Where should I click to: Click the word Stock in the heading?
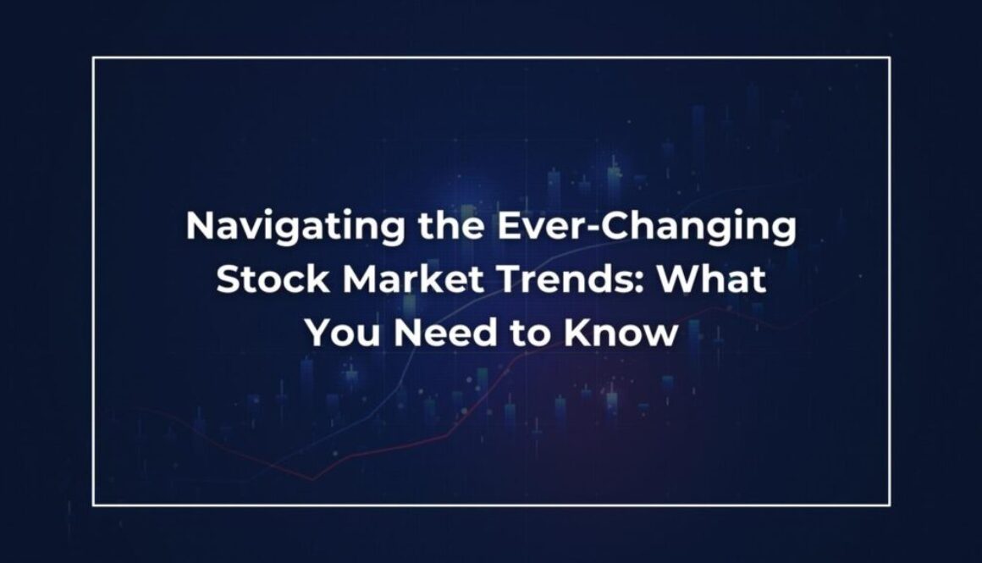coord(267,279)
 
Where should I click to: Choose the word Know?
coord(621,333)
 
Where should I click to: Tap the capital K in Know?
coord(577,332)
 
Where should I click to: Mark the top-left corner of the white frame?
coord(93,58)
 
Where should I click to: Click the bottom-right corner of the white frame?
coord(889,505)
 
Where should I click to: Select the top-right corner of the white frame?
coord(889,58)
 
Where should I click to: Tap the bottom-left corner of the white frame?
coord(93,505)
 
